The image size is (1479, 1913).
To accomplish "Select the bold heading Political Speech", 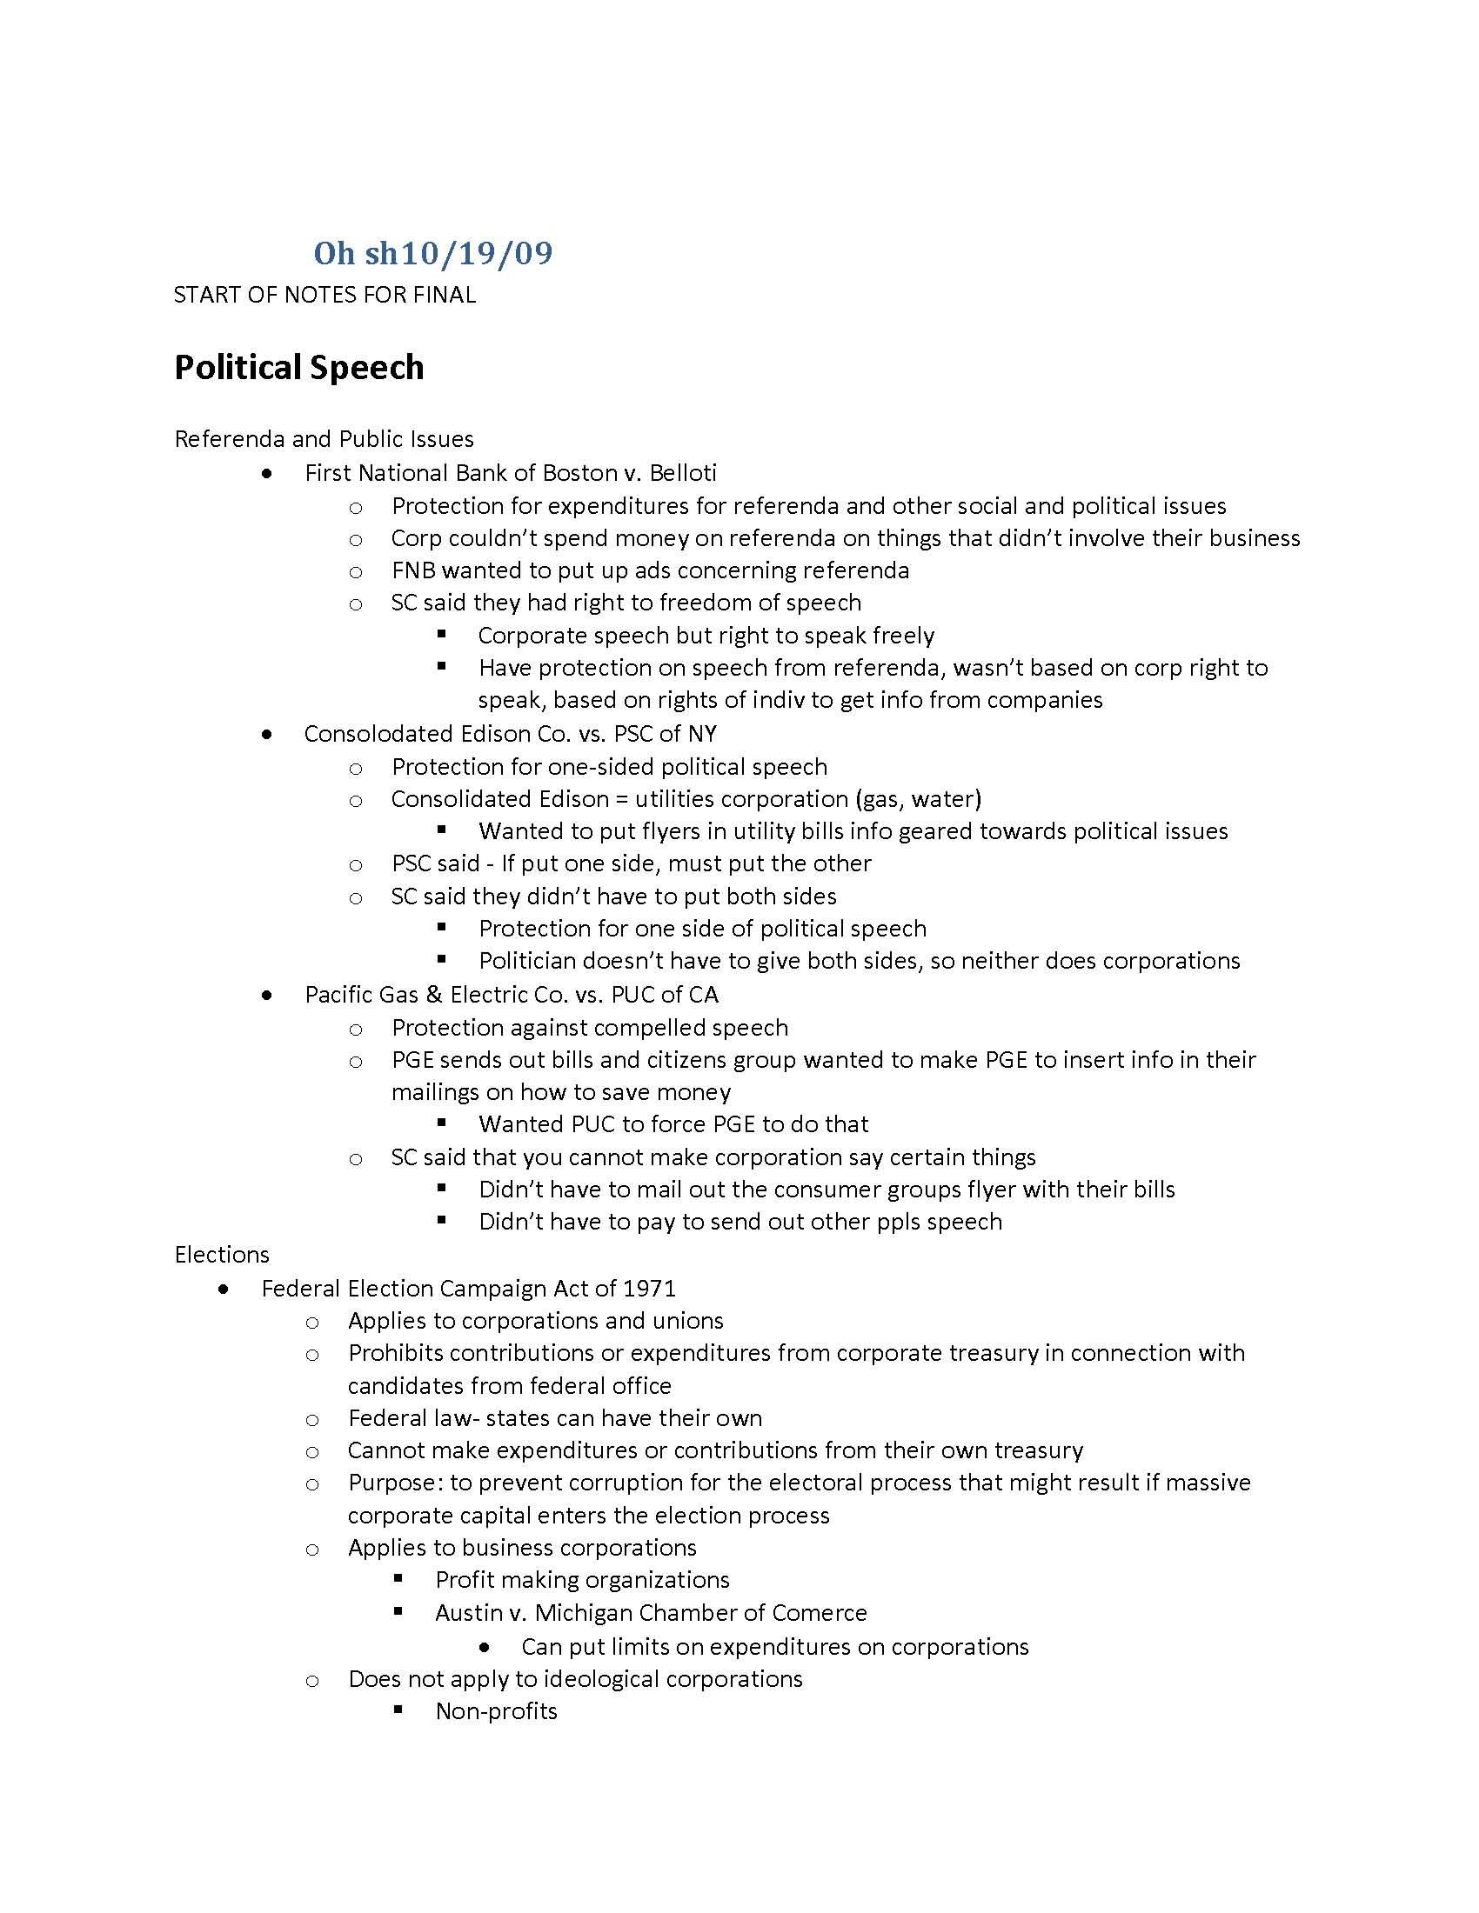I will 298,367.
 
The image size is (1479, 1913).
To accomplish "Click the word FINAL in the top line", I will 445,295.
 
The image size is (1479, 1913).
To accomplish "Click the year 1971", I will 648,1289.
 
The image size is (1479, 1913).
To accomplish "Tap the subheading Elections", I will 222,1254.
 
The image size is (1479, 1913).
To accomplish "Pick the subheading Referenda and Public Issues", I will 325,439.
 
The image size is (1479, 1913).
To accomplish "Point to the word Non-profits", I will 496,1710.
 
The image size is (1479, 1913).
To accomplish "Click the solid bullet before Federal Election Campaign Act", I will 225,1289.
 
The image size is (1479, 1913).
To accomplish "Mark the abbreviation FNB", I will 412,570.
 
